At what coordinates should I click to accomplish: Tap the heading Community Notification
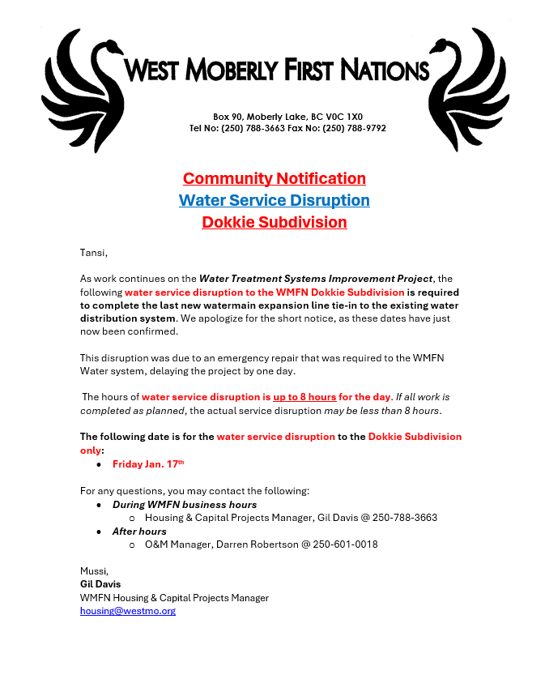coord(274,178)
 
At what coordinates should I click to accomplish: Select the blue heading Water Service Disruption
coord(274,200)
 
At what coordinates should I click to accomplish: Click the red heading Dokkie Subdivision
coord(274,222)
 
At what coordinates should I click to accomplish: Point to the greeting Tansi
coord(93,253)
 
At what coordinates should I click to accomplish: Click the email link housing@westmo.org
coord(127,611)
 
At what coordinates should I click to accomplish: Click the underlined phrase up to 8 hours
coord(304,397)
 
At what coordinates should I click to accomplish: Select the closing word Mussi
coord(94,571)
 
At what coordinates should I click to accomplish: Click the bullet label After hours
coord(139,532)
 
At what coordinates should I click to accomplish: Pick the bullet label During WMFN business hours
coord(185,505)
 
